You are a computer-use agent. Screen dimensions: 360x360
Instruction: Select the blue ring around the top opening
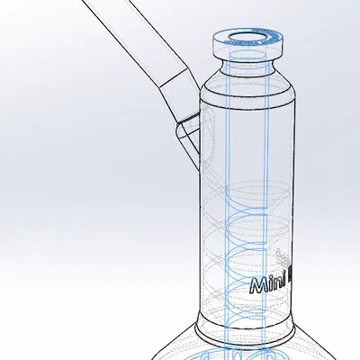point(225,39)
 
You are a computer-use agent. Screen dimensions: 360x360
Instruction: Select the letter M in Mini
point(256,287)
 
